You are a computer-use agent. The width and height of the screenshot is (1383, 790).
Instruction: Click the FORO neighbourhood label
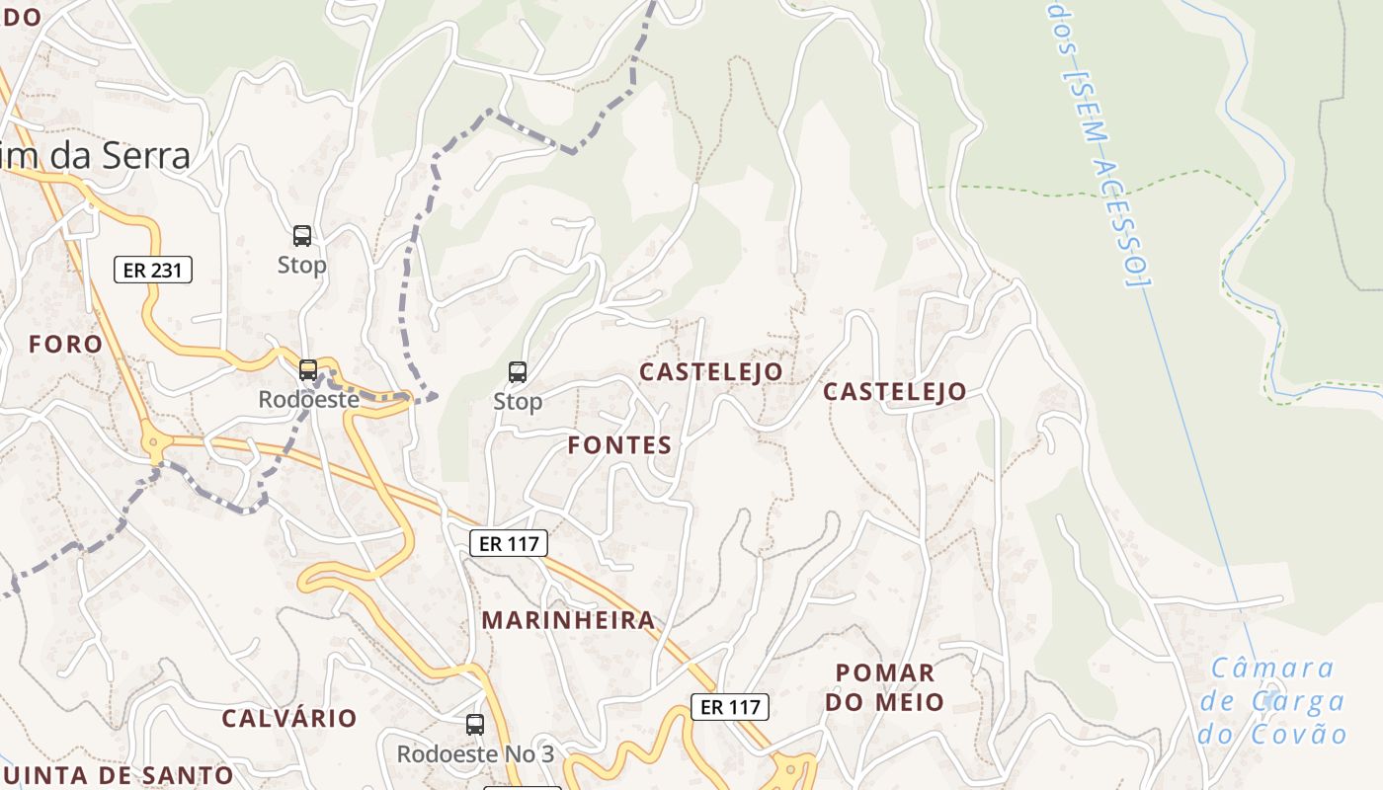click(65, 345)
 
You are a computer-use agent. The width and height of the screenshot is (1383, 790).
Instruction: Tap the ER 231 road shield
click(153, 270)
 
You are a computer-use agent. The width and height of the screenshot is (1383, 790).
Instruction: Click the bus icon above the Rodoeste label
click(308, 370)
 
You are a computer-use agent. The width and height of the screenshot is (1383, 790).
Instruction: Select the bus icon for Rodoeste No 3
click(475, 725)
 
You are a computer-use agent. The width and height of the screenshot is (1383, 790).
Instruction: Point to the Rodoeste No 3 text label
click(475, 754)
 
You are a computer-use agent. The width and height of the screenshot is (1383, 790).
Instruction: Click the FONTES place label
click(619, 445)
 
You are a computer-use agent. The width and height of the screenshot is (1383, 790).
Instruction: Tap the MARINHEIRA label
click(568, 620)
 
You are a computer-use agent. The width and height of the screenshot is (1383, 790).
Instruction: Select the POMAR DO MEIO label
click(885, 687)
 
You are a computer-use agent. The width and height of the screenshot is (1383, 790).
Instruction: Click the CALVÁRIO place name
click(288, 718)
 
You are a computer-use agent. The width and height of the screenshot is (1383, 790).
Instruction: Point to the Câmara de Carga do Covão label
click(1272, 701)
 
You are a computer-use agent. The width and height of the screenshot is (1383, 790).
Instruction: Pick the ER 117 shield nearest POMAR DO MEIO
click(729, 707)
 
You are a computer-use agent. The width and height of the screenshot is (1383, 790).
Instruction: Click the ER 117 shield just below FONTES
click(508, 543)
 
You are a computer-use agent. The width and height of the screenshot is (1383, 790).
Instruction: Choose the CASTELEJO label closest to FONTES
click(711, 371)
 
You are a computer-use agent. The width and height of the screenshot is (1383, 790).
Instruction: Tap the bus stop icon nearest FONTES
click(518, 372)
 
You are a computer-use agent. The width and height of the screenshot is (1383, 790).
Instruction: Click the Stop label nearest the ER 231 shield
click(301, 265)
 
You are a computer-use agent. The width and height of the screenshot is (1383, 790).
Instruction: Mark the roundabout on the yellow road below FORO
click(152, 443)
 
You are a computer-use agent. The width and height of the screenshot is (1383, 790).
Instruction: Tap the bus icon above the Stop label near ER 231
click(302, 236)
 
